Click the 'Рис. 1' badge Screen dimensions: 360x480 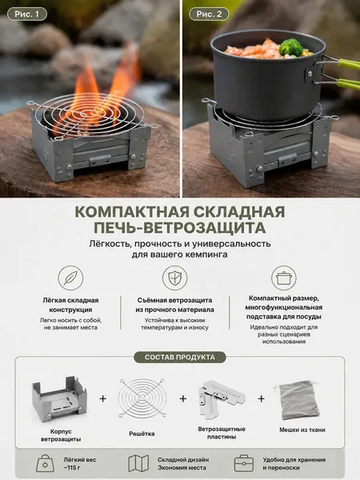[x=27, y=14]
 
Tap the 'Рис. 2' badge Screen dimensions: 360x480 [x=209, y=14]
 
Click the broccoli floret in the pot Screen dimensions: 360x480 [x=290, y=47]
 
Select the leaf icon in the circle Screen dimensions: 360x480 [x=70, y=278]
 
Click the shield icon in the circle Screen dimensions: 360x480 [x=174, y=278]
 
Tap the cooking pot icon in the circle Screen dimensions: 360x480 [x=284, y=278]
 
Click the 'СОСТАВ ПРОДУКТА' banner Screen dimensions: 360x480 [x=180, y=358]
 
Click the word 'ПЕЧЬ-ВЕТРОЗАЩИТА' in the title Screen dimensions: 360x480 [x=180, y=228]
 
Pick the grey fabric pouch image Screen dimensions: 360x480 [x=296, y=400]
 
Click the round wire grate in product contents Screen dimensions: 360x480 [x=142, y=399]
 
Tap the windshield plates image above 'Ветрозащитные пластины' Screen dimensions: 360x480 [x=221, y=398]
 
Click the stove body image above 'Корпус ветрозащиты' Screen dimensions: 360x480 [x=60, y=399]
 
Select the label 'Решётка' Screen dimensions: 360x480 [x=142, y=434]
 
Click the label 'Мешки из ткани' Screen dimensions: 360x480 [x=302, y=430]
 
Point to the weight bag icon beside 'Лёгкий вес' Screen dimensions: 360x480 [x=46, y=463]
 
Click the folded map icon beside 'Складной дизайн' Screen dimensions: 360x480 [x=138, y=463]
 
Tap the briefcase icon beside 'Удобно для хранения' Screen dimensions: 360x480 [x=244, y=463]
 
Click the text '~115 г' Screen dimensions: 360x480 [x=73, y=468]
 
